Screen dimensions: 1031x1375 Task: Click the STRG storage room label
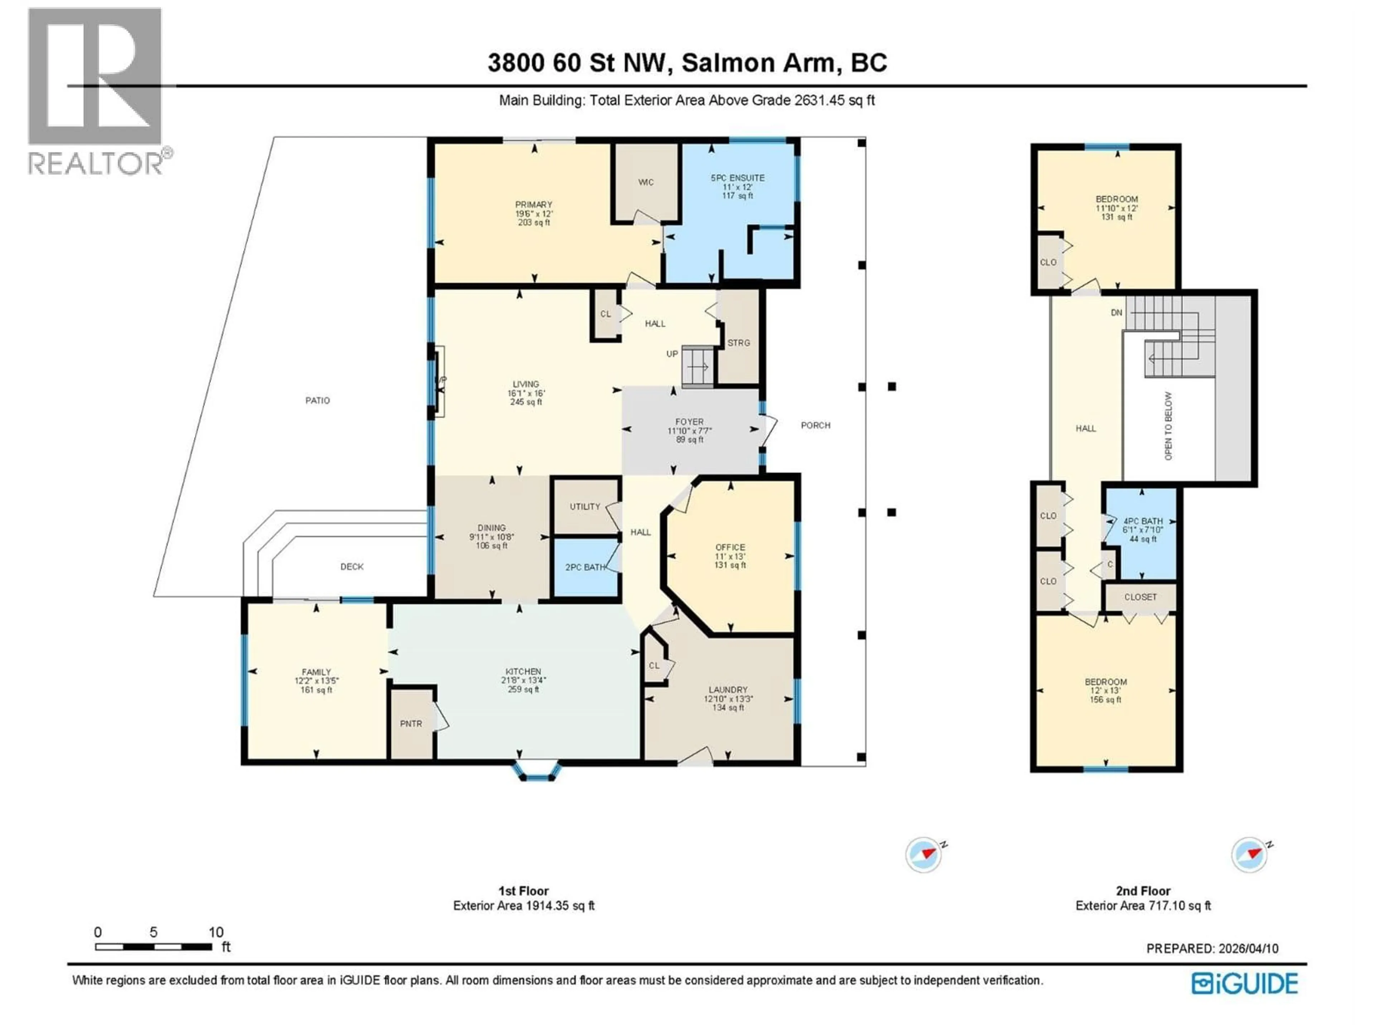738,343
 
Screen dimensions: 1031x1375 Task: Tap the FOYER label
689,421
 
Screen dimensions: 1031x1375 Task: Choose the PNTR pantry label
411,724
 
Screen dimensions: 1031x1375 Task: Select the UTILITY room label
585,507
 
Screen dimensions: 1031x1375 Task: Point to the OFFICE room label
730,547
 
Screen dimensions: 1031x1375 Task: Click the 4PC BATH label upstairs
1143,521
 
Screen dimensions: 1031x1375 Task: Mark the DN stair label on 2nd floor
1116,313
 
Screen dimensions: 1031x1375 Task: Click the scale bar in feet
154,947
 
